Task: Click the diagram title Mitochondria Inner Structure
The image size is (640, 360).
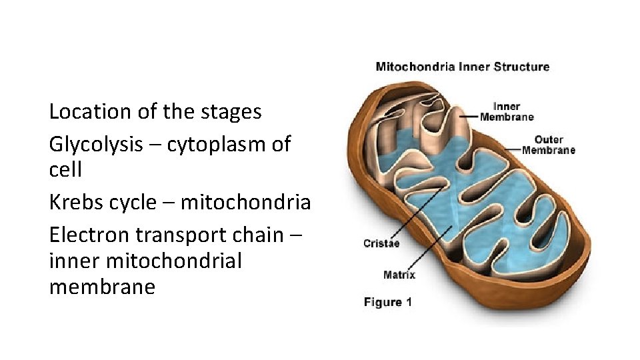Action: (463, 67)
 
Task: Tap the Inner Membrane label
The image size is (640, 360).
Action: (513, 111)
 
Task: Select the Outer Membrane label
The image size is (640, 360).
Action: (548, 145)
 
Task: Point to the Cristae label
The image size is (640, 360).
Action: (381, 243)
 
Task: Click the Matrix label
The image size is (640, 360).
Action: (399, 274)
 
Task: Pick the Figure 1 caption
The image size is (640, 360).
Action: (388, 302)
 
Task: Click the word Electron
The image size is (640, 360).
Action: (89, 235)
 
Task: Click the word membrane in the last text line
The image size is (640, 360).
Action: (102, 287)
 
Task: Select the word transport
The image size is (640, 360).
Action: (175, 235)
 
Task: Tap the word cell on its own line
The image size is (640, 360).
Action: (65, 169)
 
